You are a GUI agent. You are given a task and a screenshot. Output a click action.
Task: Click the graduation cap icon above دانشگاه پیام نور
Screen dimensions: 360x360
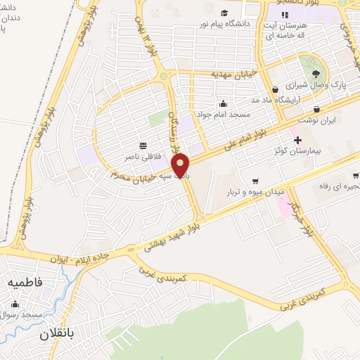pos(224,13)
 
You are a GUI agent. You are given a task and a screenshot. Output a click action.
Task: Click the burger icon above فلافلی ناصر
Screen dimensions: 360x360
pos(143,146)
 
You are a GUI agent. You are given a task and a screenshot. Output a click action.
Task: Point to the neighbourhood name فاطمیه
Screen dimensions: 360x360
pos(25,281)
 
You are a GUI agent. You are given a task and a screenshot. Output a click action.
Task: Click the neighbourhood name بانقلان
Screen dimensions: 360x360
pos(58,332)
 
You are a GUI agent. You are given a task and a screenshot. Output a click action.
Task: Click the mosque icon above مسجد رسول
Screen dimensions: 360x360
pos(15,304)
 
